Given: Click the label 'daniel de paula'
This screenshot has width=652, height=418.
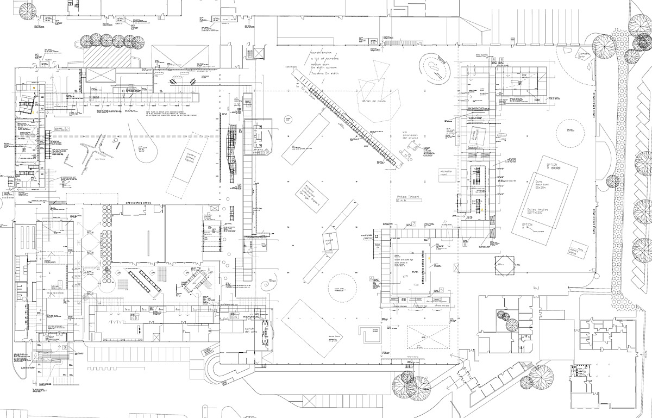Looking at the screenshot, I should (373, 101).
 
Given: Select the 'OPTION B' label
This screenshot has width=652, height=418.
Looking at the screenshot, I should (553, 166).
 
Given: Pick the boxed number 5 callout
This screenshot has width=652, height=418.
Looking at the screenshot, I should (442, 290).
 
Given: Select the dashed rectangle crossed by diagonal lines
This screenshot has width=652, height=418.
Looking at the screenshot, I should (428, 338).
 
